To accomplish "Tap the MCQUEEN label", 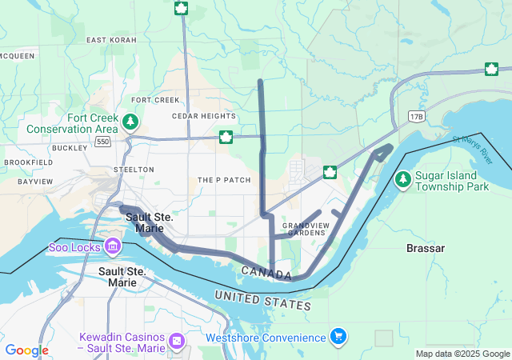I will point(16,56).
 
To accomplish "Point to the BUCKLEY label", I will point(69,148).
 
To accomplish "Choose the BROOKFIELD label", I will point(28,162).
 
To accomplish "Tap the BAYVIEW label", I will point(35,182).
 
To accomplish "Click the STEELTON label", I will point(134,170).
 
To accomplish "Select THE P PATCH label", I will point(224,180).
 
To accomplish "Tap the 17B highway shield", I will point(415,117).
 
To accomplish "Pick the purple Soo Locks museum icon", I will point(112,246).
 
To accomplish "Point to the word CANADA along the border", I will point(266,274).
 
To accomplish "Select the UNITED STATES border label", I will point(262,301).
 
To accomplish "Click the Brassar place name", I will point(425,249).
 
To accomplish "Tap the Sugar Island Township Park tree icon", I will point(402,177).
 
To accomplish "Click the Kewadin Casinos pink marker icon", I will point(176,342).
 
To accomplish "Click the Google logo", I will point(26,350).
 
